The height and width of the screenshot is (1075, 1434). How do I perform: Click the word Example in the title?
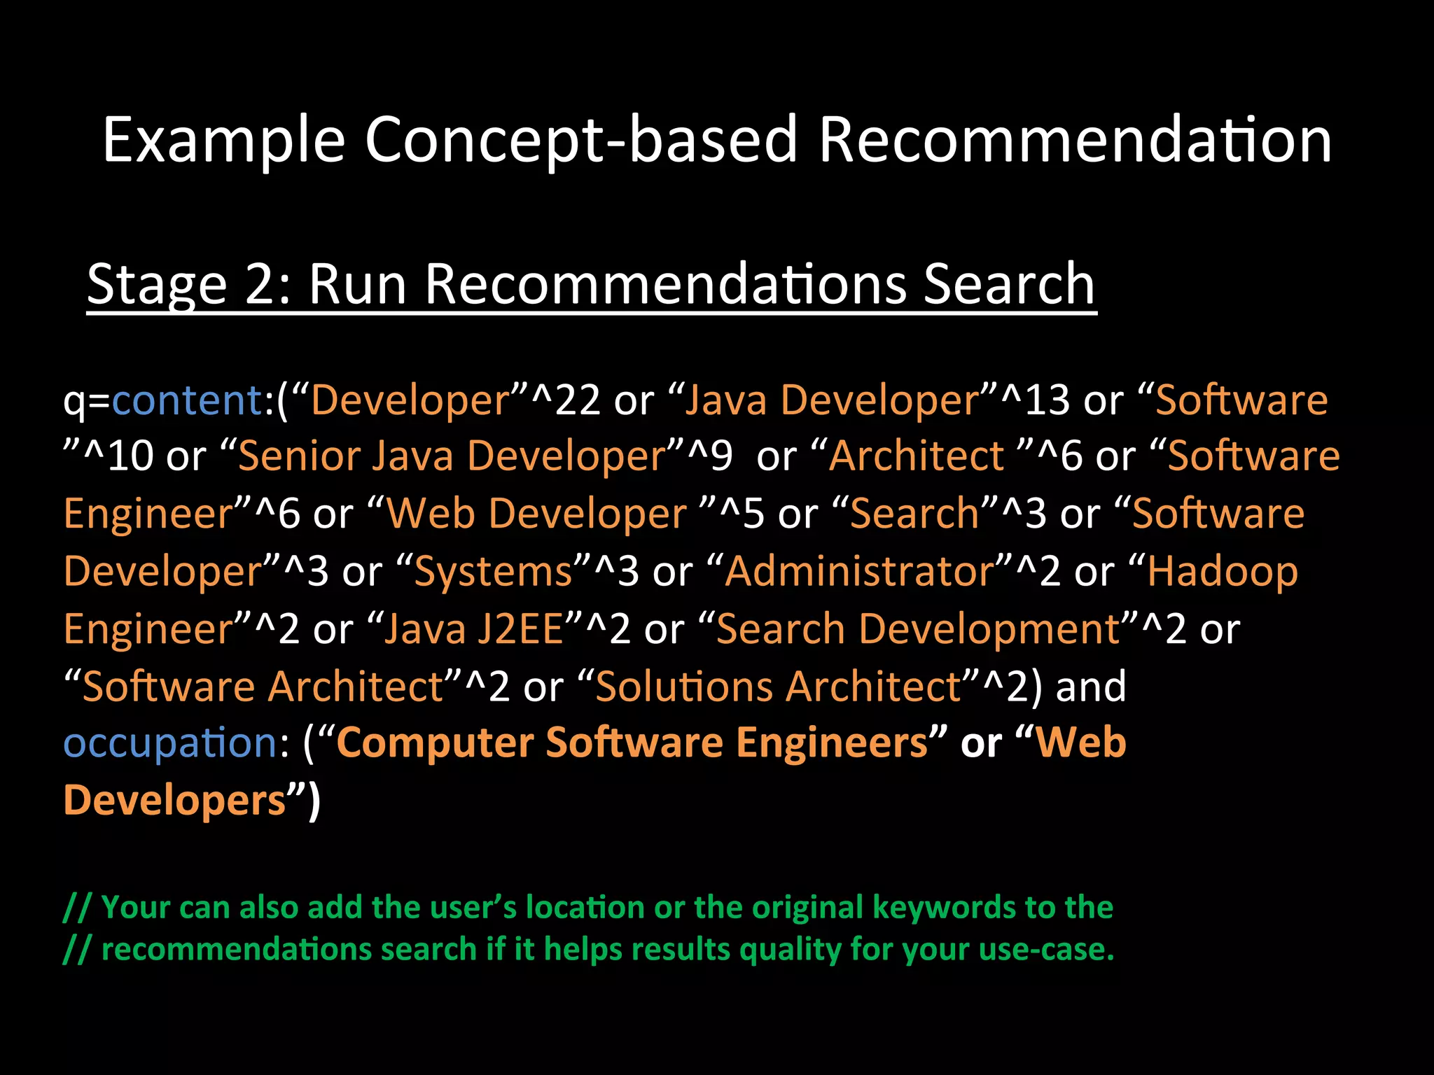[223, 141]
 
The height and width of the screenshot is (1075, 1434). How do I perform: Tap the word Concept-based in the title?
[580, 141]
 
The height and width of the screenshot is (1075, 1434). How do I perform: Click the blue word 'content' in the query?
[187, 400]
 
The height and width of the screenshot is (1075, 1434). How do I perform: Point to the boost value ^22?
[566, 400]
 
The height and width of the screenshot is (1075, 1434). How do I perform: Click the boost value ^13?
[1036, 400]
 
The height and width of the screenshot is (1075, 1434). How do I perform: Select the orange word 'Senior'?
[298, 457]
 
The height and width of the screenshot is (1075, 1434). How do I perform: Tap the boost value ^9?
[711, 457]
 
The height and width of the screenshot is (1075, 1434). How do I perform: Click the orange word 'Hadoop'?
[1222, 572]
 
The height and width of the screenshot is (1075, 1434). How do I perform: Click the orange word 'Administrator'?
[859, 572]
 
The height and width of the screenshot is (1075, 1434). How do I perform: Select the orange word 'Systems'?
[493, 572]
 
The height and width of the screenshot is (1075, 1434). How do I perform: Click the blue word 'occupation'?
[171, 743]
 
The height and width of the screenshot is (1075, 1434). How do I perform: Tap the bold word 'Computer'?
[435, 743]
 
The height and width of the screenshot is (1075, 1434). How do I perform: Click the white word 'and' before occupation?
[1091, 686]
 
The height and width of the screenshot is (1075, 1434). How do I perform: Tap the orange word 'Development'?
[988, 628]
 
